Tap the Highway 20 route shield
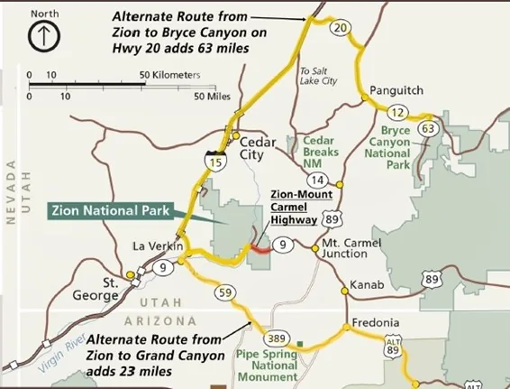click(x=339, y=29)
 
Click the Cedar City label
click(x=257, y=147)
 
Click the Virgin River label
click(x=67, y=361)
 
